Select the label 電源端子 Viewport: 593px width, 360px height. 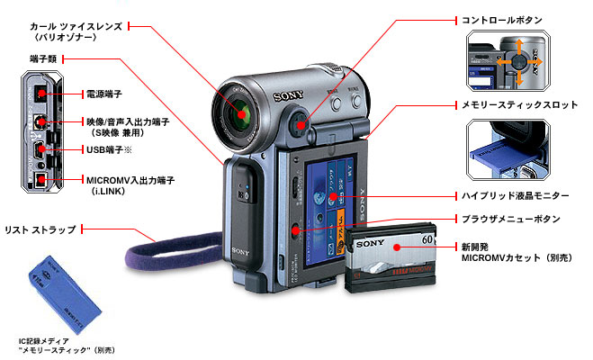pyautogui.click(x=105, y=93)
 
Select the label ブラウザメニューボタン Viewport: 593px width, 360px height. pyautogui.click(x=510, y=219)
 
